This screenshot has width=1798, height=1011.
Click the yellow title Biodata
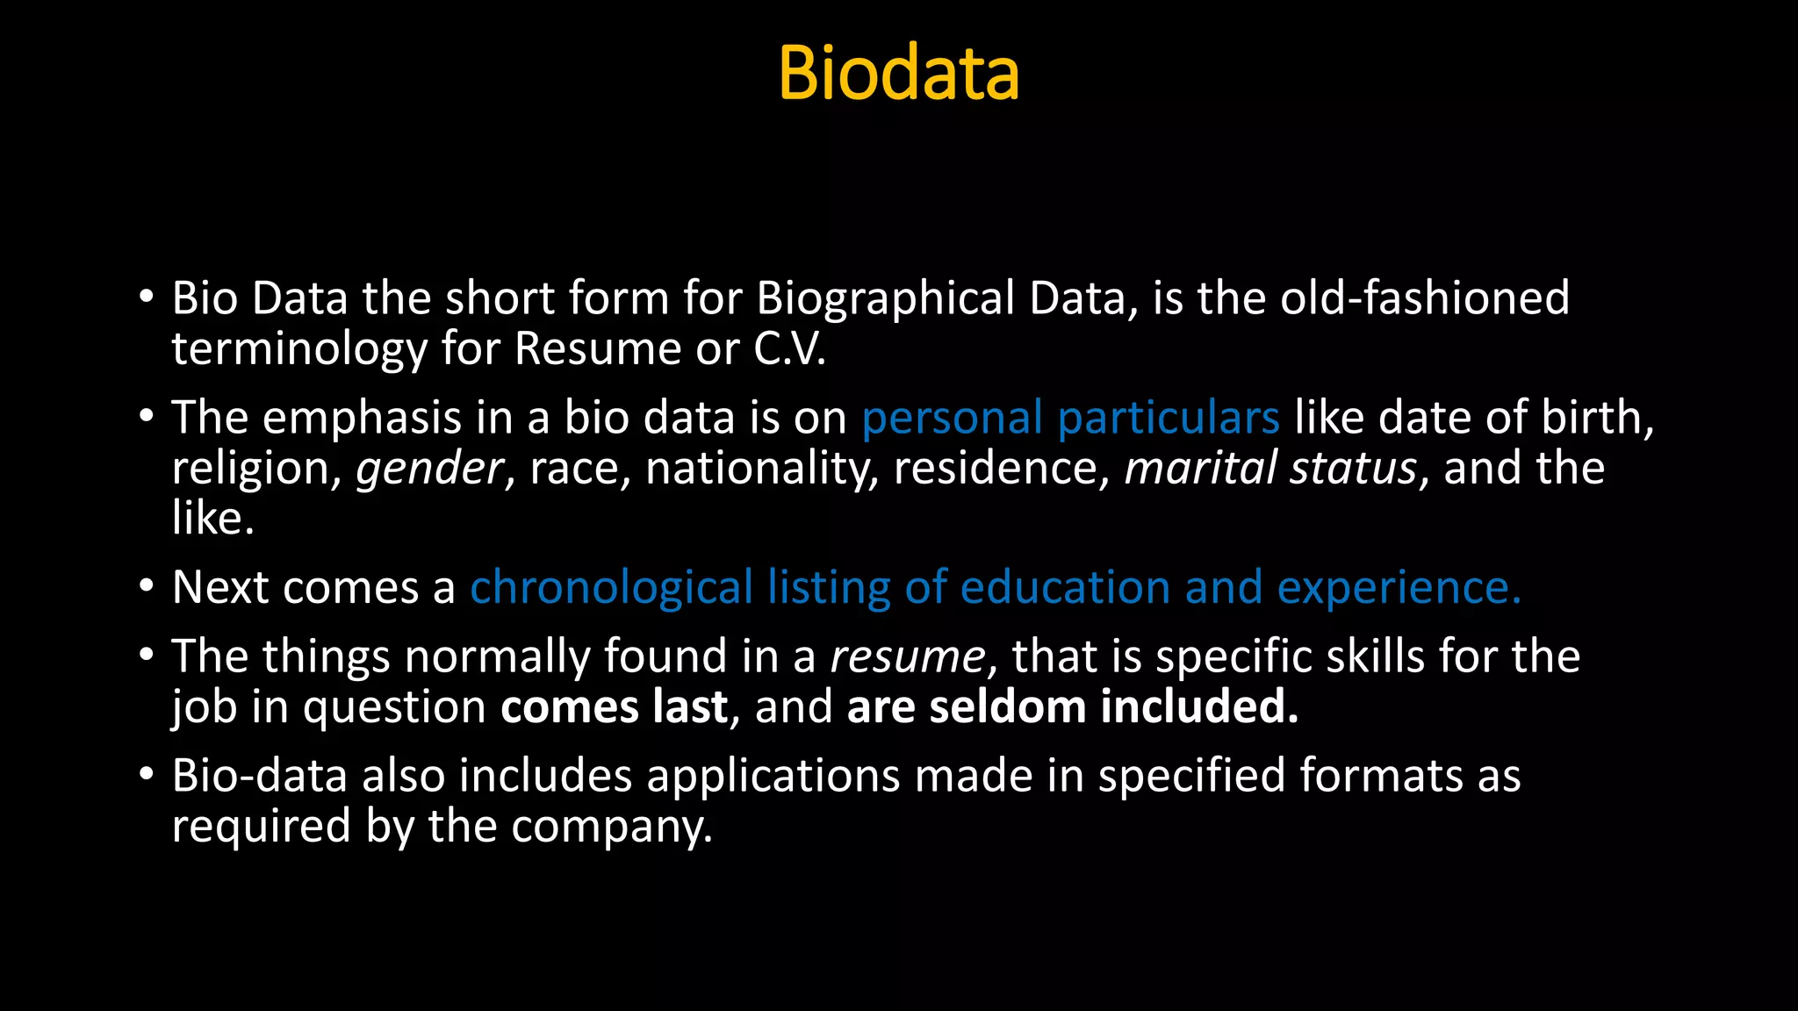(x=898, y=73)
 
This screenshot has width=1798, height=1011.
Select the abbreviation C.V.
(x=789, y=349)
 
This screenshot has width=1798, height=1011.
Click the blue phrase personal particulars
(x=1070, y=418)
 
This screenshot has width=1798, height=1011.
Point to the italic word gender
(x=429, y=469)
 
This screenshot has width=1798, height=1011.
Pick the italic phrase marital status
(x=1270, y=468)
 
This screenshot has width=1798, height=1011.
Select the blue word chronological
(x=611, y=587)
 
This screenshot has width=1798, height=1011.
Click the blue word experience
(x=1398, y=587)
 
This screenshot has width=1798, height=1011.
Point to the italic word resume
(x=908, y=656)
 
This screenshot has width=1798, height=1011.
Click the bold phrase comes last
(x=614, y=707)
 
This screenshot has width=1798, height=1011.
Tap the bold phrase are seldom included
(x=1072, y=707)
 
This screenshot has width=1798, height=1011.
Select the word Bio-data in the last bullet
(x=259, y=776)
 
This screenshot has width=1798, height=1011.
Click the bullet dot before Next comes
(x=147, y=585)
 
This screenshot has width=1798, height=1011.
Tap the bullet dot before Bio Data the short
(x=147, y=297)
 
